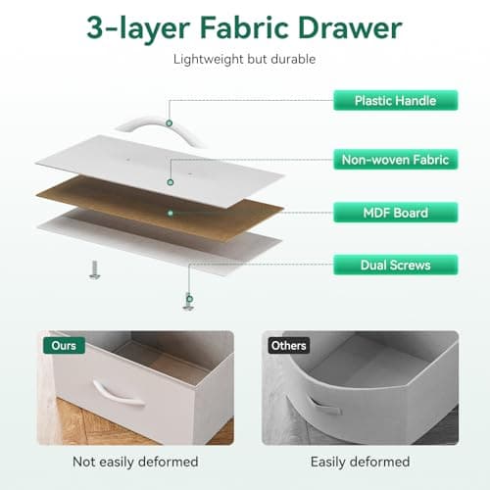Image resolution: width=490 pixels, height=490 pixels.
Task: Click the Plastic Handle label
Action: point(396,100)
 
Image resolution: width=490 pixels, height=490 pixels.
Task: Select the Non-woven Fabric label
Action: point(396,160)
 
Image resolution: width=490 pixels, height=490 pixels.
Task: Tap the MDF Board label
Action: point(396,213)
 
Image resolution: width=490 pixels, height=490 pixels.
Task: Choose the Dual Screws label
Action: point(396,265)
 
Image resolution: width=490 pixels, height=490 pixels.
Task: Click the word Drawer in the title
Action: point(350,28)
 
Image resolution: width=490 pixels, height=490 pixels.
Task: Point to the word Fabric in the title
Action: point(244,28)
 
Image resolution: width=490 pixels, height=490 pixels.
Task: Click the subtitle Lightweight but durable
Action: point(244,59)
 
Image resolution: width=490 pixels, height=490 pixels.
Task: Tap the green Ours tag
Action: point(64,345)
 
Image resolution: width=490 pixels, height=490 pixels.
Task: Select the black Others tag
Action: point(289,345)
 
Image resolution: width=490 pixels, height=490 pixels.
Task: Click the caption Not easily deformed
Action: point(135,462)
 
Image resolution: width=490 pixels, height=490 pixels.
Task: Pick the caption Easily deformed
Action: point(360,462)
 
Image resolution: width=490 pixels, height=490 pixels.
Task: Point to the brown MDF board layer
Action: point(160,209)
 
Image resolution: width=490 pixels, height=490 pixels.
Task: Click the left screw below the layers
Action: point(95,270)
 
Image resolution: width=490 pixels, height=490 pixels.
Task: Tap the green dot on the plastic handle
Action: point(169,123)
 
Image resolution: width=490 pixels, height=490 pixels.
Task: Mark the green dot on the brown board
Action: point(171,213)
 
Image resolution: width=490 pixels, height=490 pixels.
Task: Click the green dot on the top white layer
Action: point(170,182)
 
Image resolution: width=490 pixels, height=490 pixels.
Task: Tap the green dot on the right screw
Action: point(189,299)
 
